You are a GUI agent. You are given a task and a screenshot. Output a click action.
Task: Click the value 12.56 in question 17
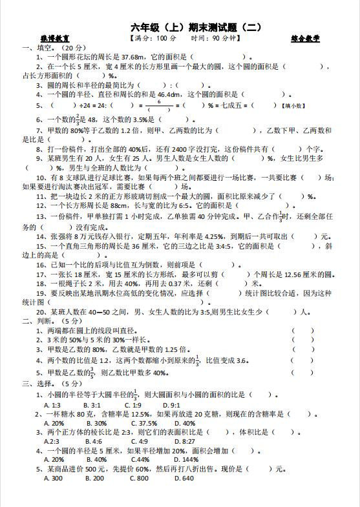(295, 274)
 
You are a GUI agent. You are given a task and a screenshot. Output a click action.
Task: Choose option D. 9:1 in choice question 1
(169, 404)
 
